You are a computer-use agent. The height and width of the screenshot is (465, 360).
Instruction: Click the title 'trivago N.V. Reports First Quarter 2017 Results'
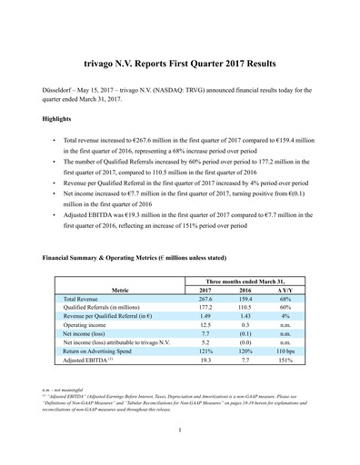click(x=180, y=65)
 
